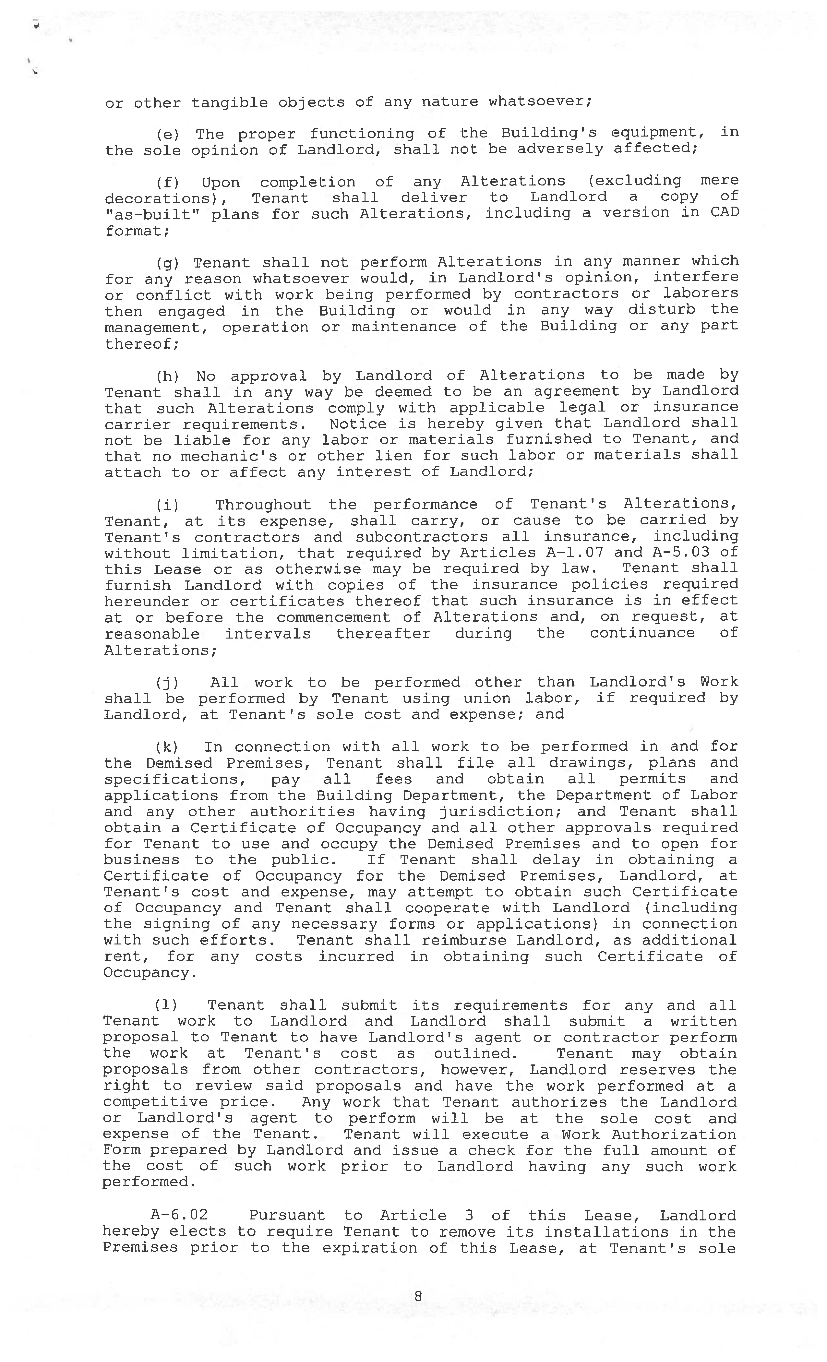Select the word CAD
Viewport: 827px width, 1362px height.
click(x=724, y=213)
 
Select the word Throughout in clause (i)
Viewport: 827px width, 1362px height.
click(x=263, y=505)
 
